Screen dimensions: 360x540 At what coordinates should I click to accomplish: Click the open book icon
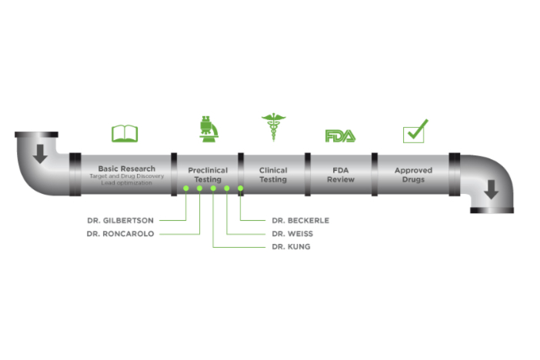(x=125, y=134)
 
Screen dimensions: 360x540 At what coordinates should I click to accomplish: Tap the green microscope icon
(x=206, y=128)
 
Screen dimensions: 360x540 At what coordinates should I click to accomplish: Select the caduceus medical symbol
(x=272, y=128)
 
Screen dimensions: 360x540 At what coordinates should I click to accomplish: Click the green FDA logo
(x=340, y=135)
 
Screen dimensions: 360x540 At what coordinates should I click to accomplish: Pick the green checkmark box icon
(x=415, y=132)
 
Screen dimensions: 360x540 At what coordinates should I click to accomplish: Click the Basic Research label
(x=127, y=168)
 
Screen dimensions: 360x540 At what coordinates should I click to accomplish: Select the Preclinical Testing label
(x=208, y=175)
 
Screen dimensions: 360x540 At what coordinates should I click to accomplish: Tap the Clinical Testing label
(x=273, y=175)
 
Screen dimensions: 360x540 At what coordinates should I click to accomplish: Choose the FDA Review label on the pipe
(x=340, y=175)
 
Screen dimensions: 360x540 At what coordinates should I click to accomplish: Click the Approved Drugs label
(x=413, y=175)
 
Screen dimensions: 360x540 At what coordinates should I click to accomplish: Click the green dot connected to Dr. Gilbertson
(x=185, y=188)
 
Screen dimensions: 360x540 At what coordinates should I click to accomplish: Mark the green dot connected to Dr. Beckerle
(x=240, y=188)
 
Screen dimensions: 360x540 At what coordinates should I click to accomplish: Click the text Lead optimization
(x=127, y=183)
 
